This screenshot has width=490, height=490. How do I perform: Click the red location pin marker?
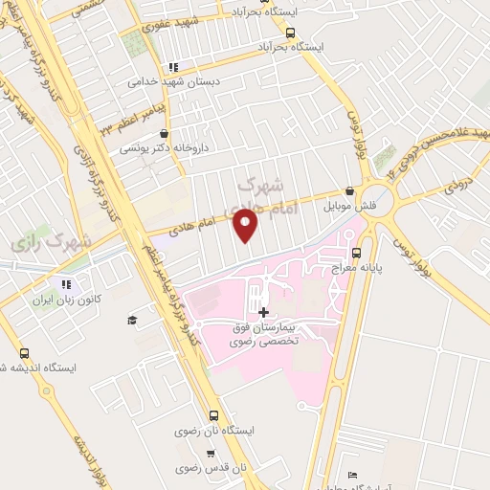(x=246, y=227)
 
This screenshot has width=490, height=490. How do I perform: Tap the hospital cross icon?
(x=262, y=312)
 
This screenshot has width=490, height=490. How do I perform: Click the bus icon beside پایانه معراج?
(x=356, y=254)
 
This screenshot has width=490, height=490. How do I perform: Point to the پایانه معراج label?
(x=357, y=269)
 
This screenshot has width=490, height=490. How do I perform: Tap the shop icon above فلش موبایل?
(x=350, y=191)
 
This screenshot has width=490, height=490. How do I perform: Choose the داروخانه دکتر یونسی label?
(x=165, y=149)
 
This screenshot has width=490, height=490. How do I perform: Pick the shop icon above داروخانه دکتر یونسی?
(x=165, y=134)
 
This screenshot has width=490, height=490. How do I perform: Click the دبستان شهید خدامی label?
(x=174, y=82)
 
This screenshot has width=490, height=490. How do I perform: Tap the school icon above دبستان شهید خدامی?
(x=173, y=67)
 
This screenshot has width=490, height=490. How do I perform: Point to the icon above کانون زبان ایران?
(x=66, y=284)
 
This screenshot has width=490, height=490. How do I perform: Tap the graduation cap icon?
(x=131, y=319)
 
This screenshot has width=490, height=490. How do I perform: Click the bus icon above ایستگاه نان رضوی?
(x=212, y=416)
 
